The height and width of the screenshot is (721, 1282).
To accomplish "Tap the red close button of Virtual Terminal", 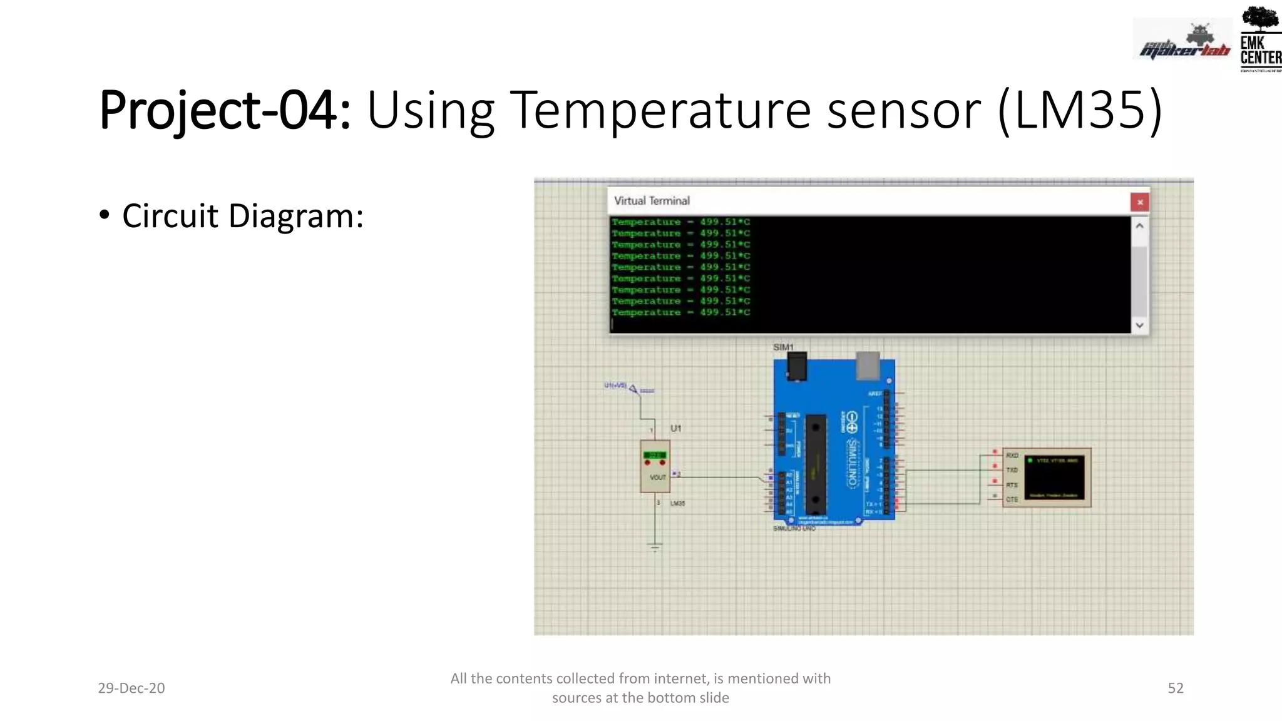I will (x=1139, y=202).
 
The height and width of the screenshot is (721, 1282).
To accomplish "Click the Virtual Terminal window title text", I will (x=652, y=201).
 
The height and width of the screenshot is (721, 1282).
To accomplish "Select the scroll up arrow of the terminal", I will (x=1139, y=226).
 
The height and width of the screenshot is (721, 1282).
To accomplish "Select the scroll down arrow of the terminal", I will (x=1139, y=325).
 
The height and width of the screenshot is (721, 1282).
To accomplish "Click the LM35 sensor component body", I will (x=655, y=467).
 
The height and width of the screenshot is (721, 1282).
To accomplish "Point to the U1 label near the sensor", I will (x=675, y=429).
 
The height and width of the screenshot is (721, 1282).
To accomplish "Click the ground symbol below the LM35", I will (x=655, y=548).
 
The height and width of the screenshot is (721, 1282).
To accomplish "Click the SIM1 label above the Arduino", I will (x=783, y=347).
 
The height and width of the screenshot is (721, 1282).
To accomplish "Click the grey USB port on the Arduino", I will (x=868, y=366).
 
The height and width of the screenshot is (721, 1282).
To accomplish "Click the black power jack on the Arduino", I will (x=796, y=366).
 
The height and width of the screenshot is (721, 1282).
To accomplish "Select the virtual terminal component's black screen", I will (x=1055, y=479).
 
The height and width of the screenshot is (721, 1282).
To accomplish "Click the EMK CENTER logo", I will (x=1259, y=39).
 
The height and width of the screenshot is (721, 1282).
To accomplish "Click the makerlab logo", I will (x=1183, y=43).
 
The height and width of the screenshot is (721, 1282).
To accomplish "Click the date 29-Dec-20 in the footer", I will (x=131, y=688).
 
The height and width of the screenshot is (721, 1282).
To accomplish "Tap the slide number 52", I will (x=1175, y=688).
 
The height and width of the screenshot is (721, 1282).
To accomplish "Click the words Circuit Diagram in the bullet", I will (x=243, y=216).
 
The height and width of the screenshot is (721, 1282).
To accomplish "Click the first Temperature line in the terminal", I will (x=680, y=222).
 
